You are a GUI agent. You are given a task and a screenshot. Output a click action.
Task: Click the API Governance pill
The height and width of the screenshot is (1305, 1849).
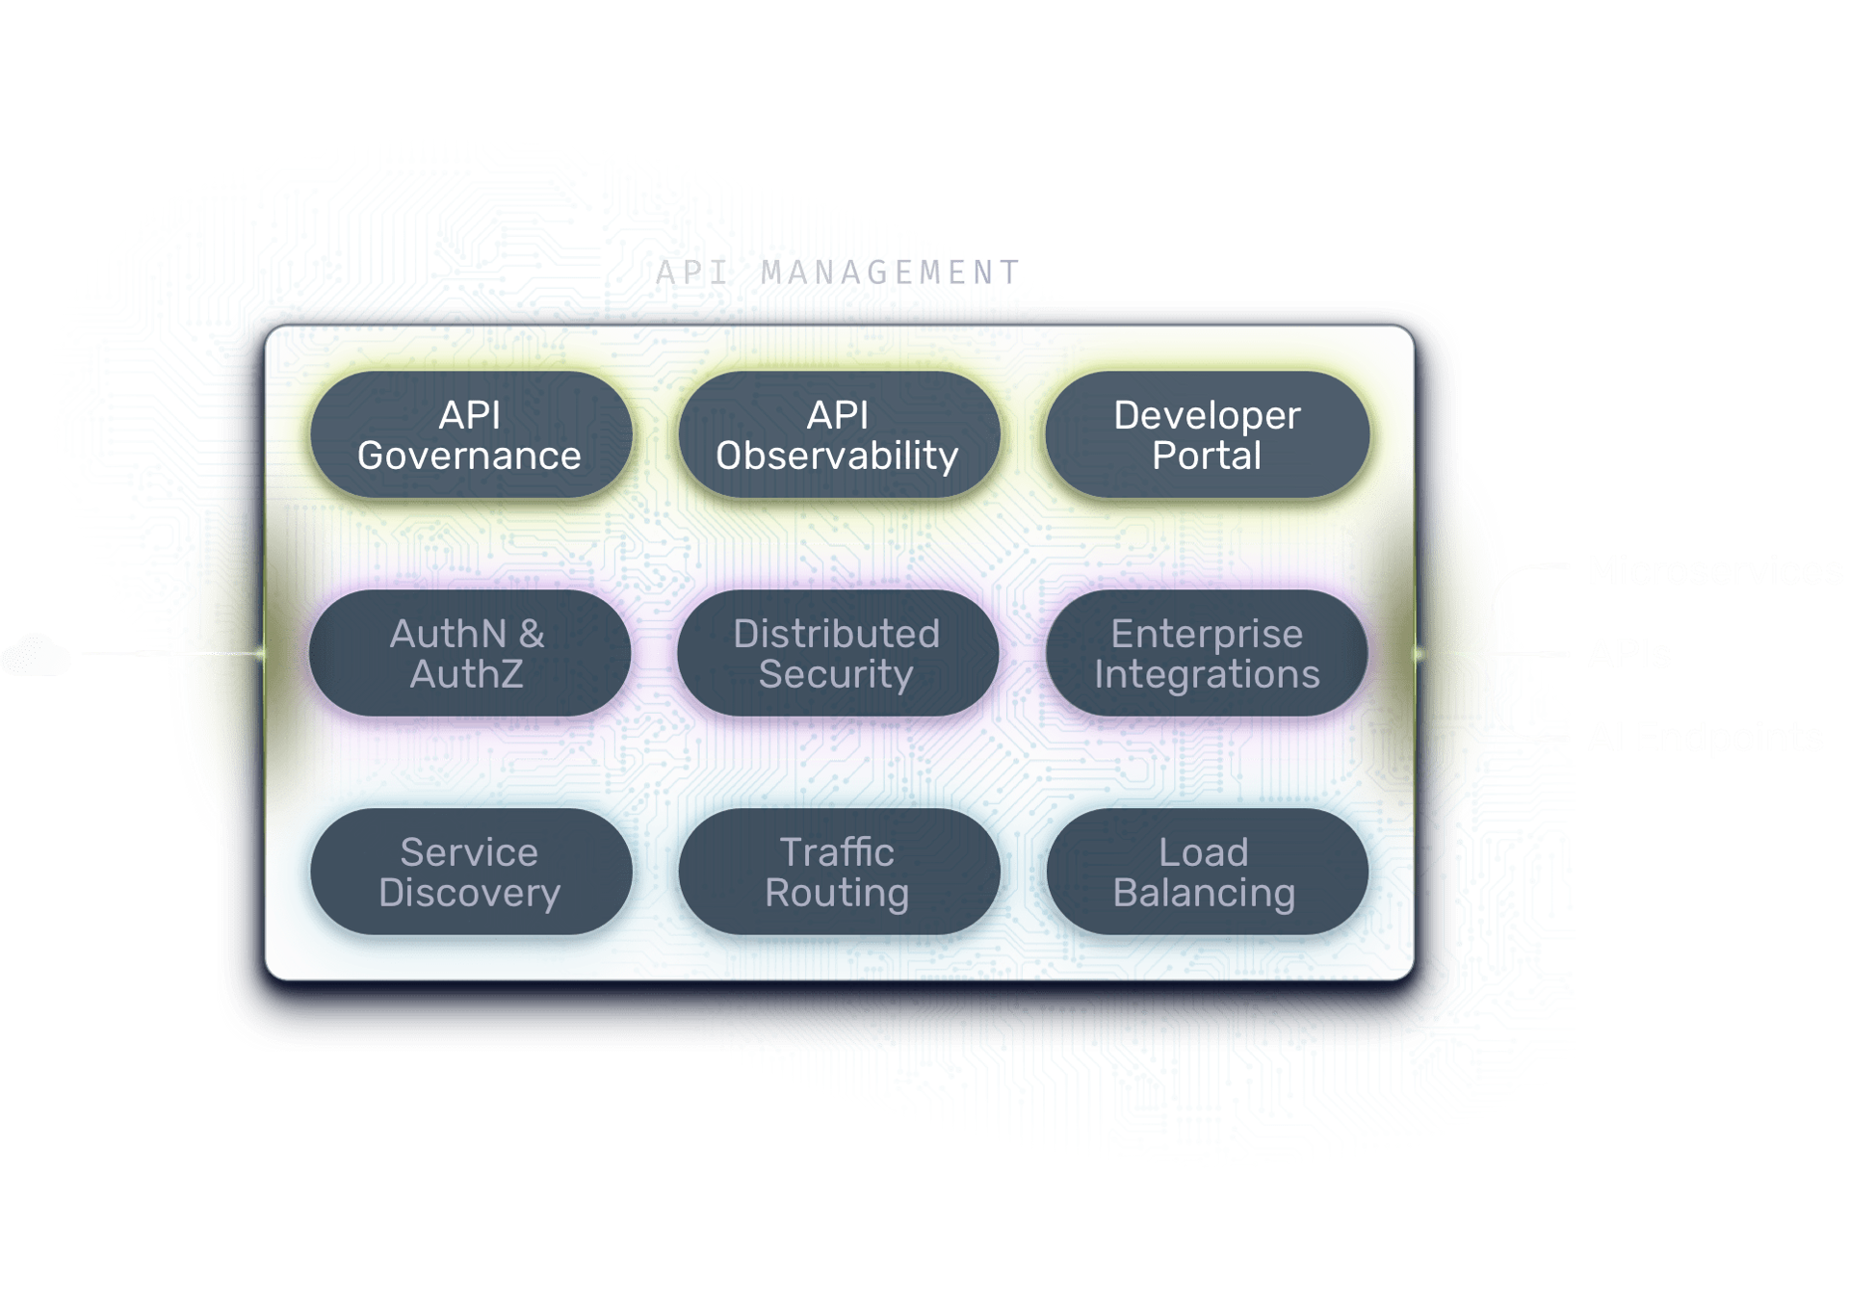(469, 435)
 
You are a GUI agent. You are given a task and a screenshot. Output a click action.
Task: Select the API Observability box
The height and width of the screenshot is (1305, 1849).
(837, 435)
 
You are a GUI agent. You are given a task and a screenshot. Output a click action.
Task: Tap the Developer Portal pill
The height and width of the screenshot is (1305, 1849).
(1206, 435)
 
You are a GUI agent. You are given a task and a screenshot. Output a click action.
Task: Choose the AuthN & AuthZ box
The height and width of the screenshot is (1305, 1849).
(469, 654)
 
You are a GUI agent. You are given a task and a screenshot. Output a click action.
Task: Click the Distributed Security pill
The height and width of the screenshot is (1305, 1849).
(837, 654)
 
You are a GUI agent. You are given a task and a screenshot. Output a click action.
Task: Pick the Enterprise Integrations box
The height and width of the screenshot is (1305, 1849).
(1206, 654)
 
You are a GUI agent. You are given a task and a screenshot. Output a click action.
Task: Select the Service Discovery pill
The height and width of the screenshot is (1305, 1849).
(469, 873)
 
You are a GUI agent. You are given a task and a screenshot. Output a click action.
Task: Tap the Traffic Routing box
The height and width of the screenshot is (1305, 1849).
(837, 873)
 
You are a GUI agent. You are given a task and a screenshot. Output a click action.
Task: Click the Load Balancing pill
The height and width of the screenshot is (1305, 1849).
(1206, 873)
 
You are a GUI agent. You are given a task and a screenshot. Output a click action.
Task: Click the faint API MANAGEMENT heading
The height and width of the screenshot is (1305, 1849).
(836, 273)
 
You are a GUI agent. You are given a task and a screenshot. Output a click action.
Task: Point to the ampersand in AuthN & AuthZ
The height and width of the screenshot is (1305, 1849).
(531, 634)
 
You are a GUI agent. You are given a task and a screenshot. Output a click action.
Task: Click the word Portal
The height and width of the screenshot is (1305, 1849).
(1207, 456)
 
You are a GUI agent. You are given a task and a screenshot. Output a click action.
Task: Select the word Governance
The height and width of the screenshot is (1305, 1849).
(469, 456)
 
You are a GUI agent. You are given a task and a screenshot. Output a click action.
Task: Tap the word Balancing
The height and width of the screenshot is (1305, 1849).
(1204, 893)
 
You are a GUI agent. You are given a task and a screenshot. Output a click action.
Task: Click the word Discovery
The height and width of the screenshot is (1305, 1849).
(469, 893)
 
